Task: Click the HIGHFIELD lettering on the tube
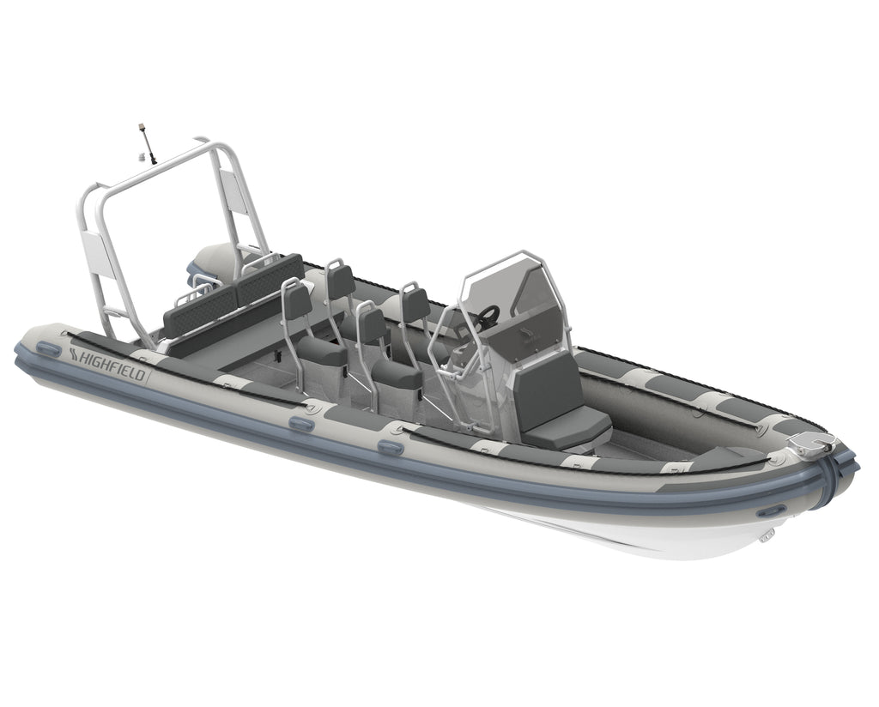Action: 108,365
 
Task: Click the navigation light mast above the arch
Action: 147,143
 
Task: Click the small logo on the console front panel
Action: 527,336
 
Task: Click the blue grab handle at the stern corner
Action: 48,349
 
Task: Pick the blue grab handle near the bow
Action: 772,511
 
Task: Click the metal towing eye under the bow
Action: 765,537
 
